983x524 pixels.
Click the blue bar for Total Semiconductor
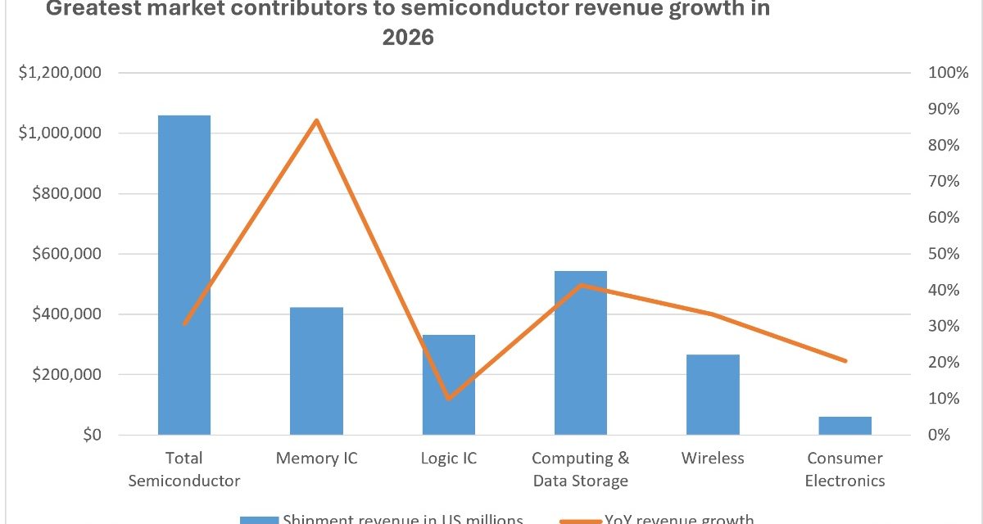(184, 274)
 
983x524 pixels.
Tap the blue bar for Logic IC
(448, 385)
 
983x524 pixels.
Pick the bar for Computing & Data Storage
(580, 353)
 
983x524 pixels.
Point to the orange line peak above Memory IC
(316, 121)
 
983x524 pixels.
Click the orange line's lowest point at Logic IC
(448, 399)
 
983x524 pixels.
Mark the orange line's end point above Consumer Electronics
(845, 361)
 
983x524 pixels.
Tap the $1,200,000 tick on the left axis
(60, 73)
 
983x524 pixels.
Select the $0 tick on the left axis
(89, 435)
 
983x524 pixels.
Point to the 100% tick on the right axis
(948, 73)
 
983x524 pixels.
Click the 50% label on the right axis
(944, 254)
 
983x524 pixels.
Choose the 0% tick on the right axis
(940, 435)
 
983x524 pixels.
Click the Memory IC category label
(316, 458)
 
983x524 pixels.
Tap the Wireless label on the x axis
(713, 458)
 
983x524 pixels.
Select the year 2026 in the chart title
(407, 38)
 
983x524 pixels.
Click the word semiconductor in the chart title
(474, 11)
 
